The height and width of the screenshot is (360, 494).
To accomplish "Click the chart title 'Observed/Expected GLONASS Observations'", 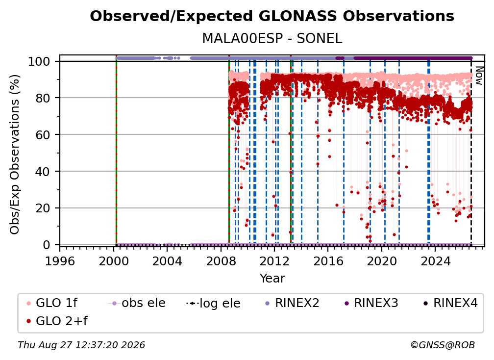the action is point(272,16).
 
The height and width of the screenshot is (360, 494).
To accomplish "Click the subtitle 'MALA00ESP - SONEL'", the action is point(272,39).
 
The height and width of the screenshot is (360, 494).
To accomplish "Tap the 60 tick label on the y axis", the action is point(43,135).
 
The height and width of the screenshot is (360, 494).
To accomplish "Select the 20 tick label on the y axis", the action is point(43,208).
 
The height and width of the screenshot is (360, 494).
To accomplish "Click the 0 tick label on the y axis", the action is point(47,245).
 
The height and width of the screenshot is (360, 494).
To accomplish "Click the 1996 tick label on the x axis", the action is point(60,261).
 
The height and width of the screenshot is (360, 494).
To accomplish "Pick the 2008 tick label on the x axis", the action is point(221,261).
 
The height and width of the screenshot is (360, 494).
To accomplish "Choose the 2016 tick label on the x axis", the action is point(328,261).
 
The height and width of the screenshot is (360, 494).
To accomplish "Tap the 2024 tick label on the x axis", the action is point(435,261).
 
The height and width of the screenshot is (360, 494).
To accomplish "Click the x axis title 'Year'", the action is point(272,279).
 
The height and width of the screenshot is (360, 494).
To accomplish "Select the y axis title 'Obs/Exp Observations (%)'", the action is point(15,154).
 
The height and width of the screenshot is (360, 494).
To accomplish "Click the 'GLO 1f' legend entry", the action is point(52,303).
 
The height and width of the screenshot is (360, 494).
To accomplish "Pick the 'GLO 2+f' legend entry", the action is point(57,321).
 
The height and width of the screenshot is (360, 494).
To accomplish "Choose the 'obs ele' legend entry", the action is point(137,303).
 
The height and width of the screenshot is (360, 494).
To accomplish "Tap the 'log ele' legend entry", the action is point(213,304).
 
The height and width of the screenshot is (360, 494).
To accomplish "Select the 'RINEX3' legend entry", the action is point(371,303).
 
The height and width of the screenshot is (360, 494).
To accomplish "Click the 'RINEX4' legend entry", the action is point(450,303).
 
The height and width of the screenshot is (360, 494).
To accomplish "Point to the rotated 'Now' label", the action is point(479,76).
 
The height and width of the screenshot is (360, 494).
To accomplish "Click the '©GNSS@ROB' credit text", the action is point(443,345).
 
